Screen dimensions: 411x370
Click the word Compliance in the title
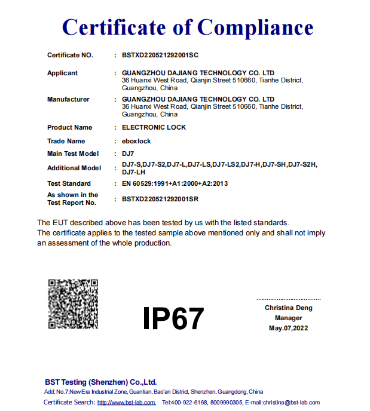255,27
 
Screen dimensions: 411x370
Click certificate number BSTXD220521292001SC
160,56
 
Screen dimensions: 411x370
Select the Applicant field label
62,73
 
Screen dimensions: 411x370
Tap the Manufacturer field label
68,99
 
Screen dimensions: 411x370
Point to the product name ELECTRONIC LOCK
154,127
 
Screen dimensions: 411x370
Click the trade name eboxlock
136,141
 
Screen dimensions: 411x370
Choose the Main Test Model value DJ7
127,154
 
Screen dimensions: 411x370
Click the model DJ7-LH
133,172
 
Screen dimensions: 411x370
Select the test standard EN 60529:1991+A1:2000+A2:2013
175,183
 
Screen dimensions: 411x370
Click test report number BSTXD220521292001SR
160,198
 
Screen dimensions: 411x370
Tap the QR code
73,303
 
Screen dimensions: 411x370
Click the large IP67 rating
173,318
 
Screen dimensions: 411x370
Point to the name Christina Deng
289,308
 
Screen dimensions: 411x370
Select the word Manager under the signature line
289,318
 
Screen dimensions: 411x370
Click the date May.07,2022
289,329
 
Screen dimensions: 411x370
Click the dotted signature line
289,299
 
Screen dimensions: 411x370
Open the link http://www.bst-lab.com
126,403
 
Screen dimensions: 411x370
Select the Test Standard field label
69,183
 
